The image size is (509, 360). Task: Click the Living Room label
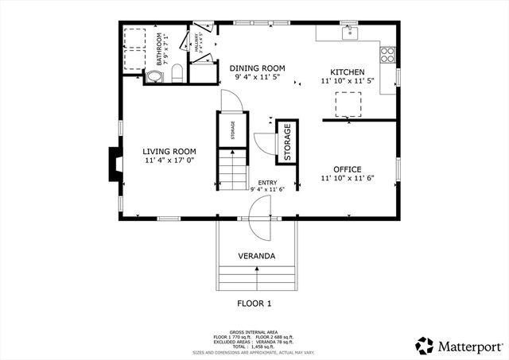[169, 151]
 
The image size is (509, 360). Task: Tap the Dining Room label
[257, 68]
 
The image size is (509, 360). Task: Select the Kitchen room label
[348, 71]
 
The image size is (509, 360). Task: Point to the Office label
[348, 169]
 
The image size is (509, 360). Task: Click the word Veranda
[256, 256]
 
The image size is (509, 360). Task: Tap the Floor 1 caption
[254, 303]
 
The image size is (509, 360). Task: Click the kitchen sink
[349, 33]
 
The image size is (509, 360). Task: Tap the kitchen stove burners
[388, 55]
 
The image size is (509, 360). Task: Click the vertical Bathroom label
[159, 48]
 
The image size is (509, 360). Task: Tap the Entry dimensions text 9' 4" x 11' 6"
[267, 189]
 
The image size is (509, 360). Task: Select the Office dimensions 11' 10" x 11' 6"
[348, 179]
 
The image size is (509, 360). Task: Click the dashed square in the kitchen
[348, 104]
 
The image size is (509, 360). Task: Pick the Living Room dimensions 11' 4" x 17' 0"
[169, 161]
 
